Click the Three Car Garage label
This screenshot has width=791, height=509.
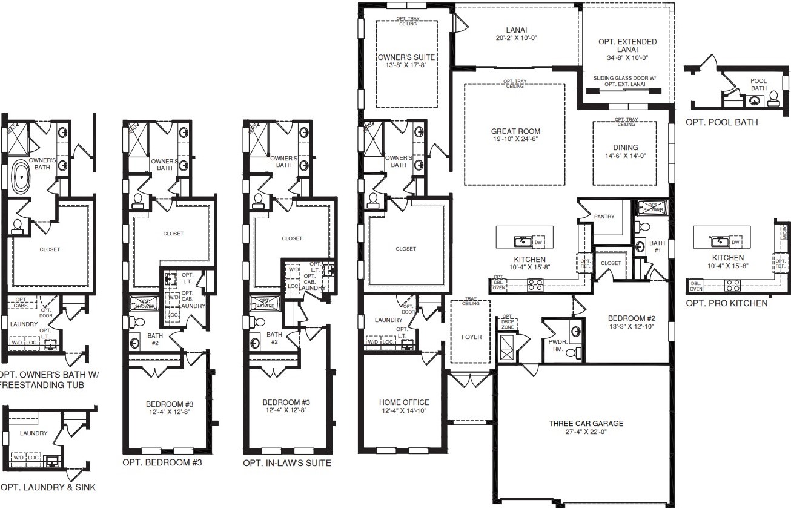(586, 424)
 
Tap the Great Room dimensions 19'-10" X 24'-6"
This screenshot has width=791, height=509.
(515, 139)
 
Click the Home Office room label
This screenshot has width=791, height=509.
(404, 402)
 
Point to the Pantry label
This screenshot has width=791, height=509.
(604, 217)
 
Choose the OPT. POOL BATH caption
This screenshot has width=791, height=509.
(721, 123)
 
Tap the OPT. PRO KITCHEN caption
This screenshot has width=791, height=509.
(726, 303)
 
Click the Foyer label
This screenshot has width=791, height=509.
(472, 337)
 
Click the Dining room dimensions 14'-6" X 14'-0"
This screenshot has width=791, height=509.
(625, 156)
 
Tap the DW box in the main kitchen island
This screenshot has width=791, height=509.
(538, 242)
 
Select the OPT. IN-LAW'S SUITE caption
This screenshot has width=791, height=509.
(287, 464)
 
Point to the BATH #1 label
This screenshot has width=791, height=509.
(657, 247)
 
